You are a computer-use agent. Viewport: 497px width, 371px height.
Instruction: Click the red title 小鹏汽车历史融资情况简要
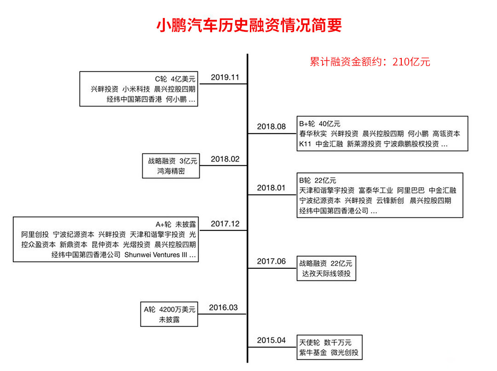coord(249,25)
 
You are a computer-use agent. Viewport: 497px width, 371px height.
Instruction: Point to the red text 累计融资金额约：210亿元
coord(370,62)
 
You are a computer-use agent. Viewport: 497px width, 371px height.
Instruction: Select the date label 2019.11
coord(225,77)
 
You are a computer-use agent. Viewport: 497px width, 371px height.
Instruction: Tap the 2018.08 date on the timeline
coord(271,126)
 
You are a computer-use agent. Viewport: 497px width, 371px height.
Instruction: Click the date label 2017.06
coord(271,261)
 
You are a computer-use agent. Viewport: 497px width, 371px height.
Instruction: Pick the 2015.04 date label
coord(271,340)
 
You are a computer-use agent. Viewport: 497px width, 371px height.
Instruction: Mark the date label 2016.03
coord(223,307)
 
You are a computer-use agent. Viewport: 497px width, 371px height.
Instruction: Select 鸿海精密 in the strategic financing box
coord(170,171)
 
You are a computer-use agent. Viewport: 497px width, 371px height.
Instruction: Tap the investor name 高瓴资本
coord(446,134)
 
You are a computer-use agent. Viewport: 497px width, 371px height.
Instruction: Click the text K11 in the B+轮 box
coord(305,144)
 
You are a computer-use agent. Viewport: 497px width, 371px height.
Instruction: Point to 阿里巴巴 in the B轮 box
coord(411,190)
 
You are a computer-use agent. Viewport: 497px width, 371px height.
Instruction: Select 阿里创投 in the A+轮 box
coord(35,234)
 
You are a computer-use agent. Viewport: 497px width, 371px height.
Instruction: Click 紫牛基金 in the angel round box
coord(313,353)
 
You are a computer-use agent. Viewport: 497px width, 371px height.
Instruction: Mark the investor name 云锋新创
coord(390,200)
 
